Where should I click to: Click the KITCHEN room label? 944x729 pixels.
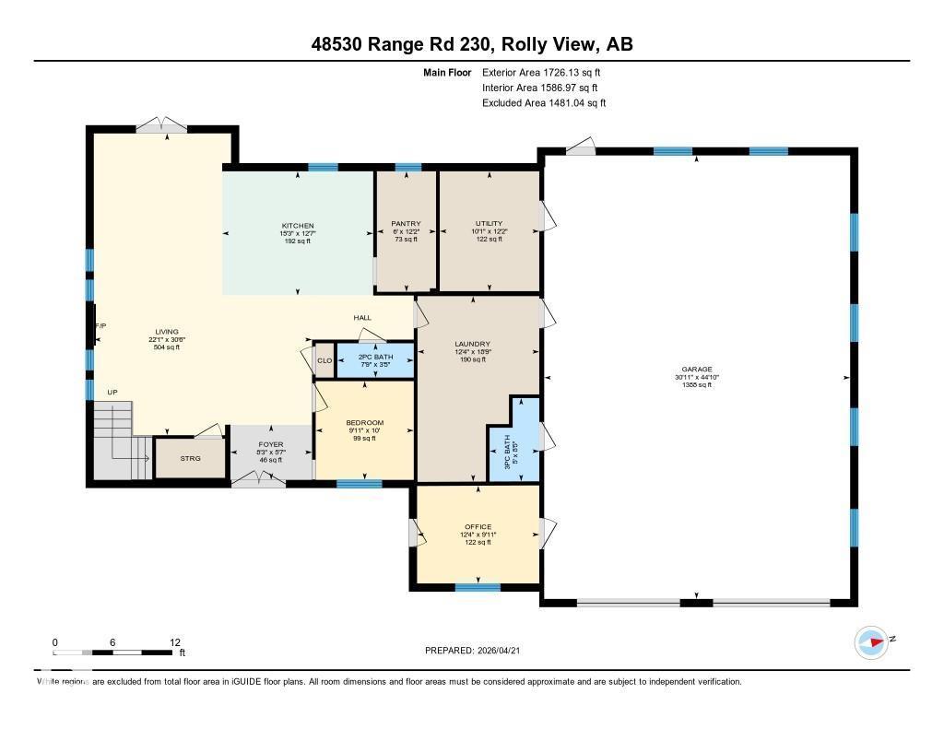(x=298, y=226)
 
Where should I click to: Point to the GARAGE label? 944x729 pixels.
(x=696, y=370)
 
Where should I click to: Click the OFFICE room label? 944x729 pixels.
(x=478, y=527)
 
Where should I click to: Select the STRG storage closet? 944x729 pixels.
(x=190, y=458)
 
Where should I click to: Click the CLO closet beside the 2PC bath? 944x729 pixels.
(x=324, y=360)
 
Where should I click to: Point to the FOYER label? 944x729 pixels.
(x=270, y=445)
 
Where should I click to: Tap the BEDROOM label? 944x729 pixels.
(x=364, y=423)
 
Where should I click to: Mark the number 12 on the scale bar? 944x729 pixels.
(x=174, y=642)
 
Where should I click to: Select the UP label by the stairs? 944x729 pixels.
(x=112, y=393)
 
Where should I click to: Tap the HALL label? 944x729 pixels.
(x=362, y=318)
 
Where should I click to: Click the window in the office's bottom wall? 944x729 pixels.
(x=478, y=587)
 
